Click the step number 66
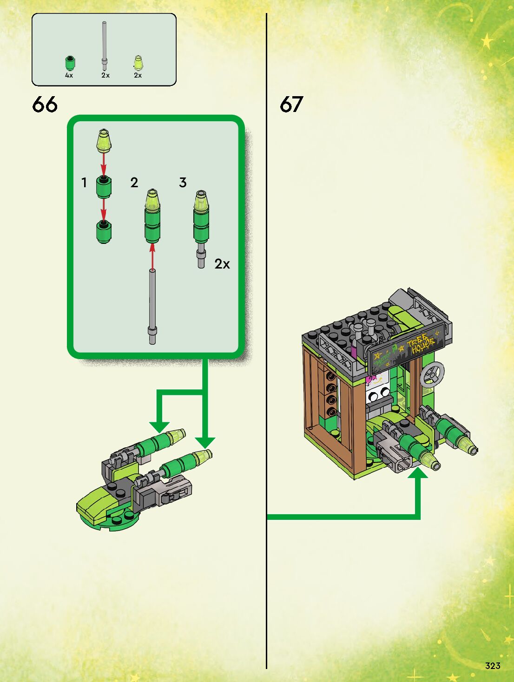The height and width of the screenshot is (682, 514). click(x=45, y=105)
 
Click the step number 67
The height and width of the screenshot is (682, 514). click(x=291, y=105)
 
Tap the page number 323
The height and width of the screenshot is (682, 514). click(x=493, y=666)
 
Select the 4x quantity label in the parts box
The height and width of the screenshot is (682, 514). click(x=69, y=75)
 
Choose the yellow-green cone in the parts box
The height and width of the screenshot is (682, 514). click(x=138, y=63)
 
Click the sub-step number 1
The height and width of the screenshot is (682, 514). click(x=84, y=183)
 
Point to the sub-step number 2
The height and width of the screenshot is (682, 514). click(x=134, y=183)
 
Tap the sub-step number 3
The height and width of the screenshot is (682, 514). click(x=183, y=183)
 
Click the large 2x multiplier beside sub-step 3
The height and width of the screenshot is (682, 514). click(x=222, y=264)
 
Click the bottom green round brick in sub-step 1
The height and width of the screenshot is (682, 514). click(x=104, y=232)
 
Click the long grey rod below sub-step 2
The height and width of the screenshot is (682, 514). click(x=152, y=307)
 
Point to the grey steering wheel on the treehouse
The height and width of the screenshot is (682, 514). click(x=432, y=374)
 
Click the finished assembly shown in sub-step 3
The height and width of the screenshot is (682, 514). click(x=201, y=228)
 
